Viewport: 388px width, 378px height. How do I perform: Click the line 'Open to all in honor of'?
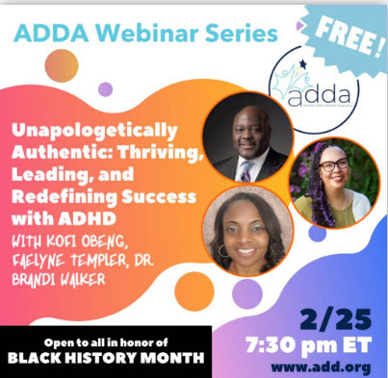[105, 340]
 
